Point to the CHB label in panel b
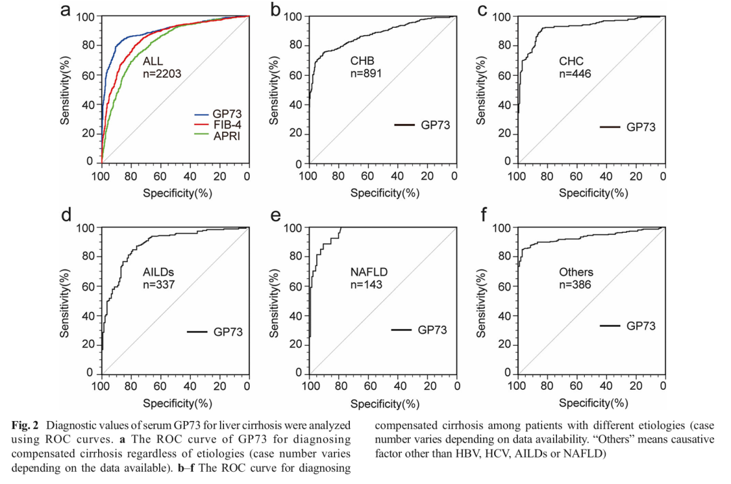point(361,62)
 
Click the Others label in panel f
point(575,272)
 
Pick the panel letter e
point(275,216)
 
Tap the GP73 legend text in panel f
point(640,326)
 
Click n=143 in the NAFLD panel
point(366,284)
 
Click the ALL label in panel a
point(153,62)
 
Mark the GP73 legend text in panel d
point(228,331)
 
